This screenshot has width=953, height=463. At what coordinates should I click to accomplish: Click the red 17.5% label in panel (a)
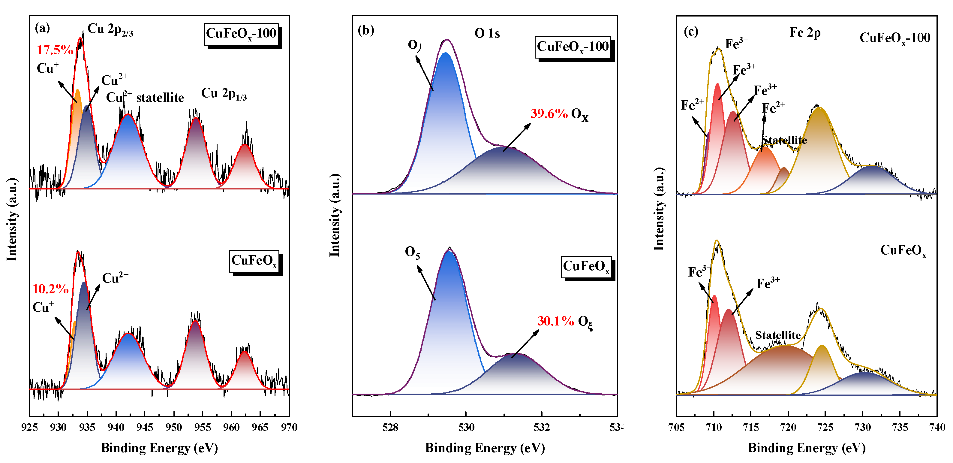click(55, 50)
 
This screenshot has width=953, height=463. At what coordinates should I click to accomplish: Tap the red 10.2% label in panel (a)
click(50, 289)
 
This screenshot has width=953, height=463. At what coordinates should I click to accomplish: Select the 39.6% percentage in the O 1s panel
click(549, 113)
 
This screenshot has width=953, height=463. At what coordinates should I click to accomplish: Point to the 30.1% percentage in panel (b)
click(555, 321)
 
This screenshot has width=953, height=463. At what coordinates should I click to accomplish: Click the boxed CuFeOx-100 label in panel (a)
click(241, 34)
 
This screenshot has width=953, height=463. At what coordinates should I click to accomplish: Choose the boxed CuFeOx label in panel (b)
click(586, 266)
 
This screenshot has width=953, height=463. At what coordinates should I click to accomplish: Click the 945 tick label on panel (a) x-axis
click(145, 428)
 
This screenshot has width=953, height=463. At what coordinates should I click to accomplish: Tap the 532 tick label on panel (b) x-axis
click(542, 428)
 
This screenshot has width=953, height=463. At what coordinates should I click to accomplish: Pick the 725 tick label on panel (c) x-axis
click(825, 428)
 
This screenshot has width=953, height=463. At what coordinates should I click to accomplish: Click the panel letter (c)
click(691, 32)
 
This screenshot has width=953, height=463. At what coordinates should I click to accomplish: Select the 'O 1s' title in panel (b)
click(487, 34)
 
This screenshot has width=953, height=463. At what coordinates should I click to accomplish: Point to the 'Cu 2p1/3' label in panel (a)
click(224, 94)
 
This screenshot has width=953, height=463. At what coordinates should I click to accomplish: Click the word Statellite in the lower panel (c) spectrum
click(778, 335)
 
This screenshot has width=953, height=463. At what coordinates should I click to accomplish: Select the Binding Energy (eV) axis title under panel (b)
click(485, 448)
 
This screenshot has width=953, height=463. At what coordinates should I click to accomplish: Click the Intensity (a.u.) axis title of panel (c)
click(659, 209)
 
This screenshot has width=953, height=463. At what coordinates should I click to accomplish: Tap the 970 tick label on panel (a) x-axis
click(289, 428)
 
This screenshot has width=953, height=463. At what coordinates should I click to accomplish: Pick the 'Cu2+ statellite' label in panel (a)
click(145, 97)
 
